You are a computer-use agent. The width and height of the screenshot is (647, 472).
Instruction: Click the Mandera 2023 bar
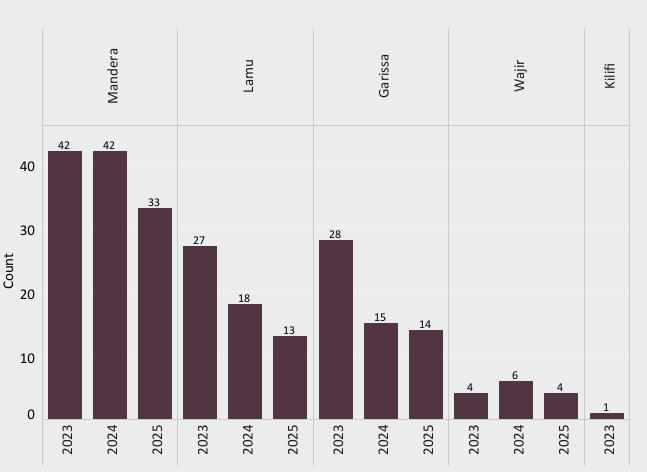click(x=65, y=285)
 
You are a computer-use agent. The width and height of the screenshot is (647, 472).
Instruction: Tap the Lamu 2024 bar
click(x=245, y=361)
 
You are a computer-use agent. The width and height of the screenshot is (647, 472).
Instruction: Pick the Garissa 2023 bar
click(x=335, y=329)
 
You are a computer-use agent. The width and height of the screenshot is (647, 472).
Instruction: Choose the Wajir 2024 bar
click(x=516, y=400)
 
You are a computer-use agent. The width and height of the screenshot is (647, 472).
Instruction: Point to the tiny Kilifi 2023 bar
click(x=606, y=416)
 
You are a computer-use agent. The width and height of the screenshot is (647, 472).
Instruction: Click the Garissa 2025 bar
click(x=426, y=374)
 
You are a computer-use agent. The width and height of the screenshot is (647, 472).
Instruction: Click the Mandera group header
click(x=113, y=76)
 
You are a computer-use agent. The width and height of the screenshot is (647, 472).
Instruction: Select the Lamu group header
click(x=248, y=76)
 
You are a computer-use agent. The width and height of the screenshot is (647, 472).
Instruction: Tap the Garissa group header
click(x=384, y=76)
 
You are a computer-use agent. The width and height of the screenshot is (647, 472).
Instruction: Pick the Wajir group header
click(x=519, y=76)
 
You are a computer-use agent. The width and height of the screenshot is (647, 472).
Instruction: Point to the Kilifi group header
click(x=609, y=76)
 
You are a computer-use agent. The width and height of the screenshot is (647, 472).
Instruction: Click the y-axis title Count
click(x=9, y=270)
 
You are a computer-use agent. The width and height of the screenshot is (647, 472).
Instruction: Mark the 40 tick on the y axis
click(x=27, y=166)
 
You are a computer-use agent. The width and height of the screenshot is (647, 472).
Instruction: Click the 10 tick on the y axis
click(x=27, y=358)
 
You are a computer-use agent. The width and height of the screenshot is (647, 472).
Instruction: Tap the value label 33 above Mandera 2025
click(x=154, y=202)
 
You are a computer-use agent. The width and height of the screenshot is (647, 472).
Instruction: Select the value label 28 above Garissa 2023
click(x=335, y=234)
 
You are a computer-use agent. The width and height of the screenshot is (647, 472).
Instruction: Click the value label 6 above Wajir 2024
click(x=516, y=375)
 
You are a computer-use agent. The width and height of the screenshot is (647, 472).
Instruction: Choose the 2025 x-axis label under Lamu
click(x=291, y=440)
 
